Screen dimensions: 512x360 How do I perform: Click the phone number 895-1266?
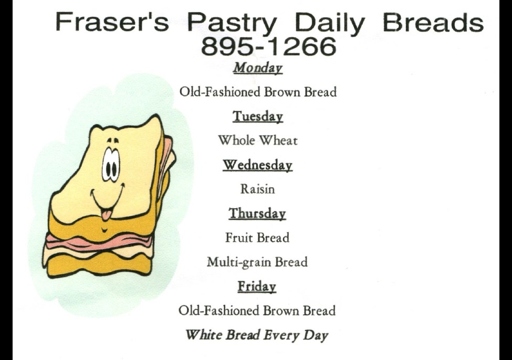coord(268,46)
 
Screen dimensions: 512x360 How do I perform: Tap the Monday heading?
coord(258,68)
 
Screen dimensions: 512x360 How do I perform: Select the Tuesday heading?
coord(258,116)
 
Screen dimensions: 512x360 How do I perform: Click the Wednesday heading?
coord(258,165)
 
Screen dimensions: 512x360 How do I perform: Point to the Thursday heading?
coord(257,213)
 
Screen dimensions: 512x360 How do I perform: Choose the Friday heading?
coord(257,286)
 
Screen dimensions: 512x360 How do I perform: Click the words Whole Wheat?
coord(258,140)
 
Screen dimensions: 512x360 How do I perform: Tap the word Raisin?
coord(258,189)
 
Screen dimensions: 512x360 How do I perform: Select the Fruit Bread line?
coord(257,238)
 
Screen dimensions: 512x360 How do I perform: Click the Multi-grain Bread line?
coord(257,262)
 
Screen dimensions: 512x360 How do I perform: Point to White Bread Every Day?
coord(257,335)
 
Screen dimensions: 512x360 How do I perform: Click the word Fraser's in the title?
coord(112,22)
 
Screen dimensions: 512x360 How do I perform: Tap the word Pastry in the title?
coord(232,24)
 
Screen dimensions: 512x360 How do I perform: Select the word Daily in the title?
coord(329,24)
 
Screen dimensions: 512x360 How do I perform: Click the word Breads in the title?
coord(433,22)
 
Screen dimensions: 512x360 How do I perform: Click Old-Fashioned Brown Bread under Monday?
coord(258,92)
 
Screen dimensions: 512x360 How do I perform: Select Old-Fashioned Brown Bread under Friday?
coord(257,311)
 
